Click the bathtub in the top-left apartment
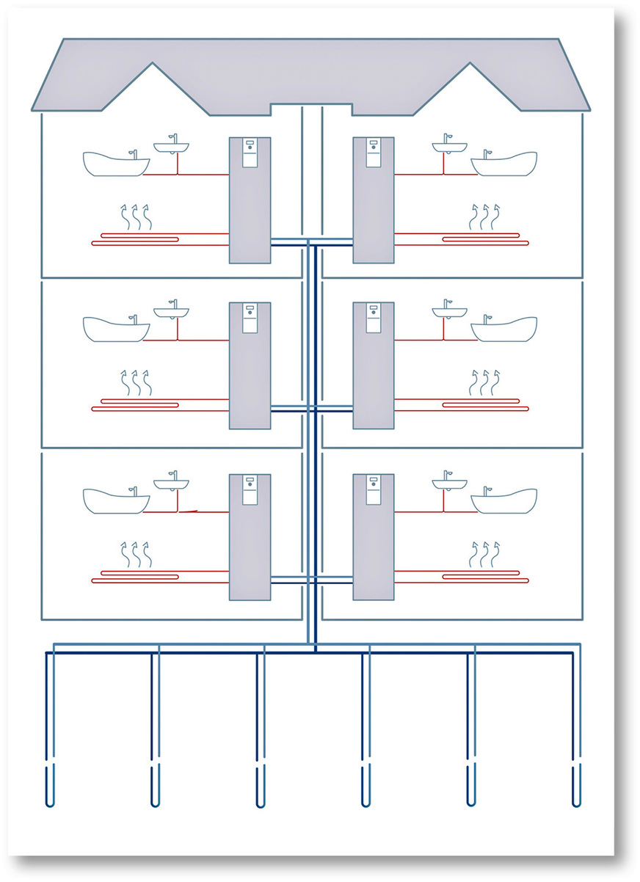[x=114, y=164]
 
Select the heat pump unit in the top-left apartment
[x=250, y=200]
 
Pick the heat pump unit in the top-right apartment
[x=374, y=200]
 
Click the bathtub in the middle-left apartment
[x=114, y=329]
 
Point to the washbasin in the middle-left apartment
[x=171, y=311]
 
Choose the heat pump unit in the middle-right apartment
[x=374, y=365]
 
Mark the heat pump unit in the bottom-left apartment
[x=250, y=537]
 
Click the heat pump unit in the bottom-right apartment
[x=374, y=537]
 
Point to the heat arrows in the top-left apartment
[x=134, y=218]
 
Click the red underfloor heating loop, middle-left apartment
[x=158, y=404]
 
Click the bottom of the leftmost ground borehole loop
[x=49, y=804]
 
